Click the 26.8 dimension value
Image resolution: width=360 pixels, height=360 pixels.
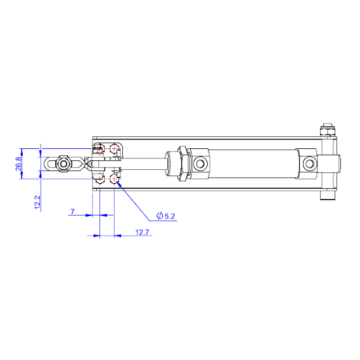[x=18, y=164]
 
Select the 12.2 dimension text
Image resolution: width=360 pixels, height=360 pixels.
[x=37, y=202]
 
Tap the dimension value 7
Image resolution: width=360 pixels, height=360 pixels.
[x=73, y=212]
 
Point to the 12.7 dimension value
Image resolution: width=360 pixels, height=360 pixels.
[x=142, y=233]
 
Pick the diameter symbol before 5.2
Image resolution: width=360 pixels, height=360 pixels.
[x=160, y=216]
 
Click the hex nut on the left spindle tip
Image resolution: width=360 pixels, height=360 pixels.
[x=63, y=164]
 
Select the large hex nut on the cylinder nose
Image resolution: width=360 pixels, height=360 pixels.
[x=183, y=164]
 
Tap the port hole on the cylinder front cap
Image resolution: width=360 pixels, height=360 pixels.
[x=200, y=164]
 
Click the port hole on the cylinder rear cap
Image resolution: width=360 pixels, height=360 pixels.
[x=309, y=164]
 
